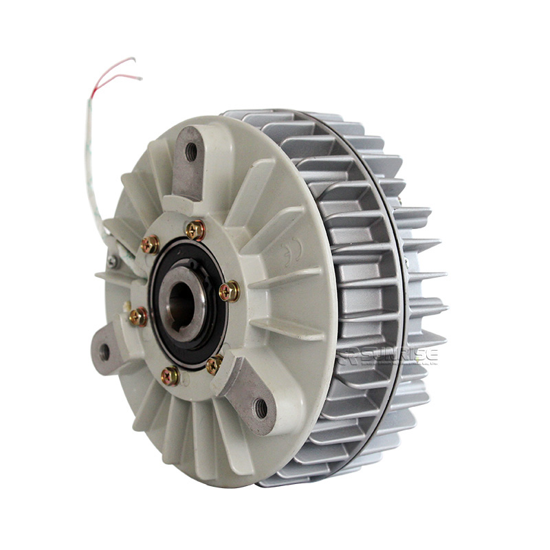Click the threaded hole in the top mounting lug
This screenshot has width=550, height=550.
(x=191, y=152)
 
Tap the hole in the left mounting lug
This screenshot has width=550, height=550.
(x=104, y=352)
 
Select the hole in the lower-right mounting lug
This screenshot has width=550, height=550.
(x=261, y=408)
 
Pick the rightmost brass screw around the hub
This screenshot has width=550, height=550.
(x=230, y=291)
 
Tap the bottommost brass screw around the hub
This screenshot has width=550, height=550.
(x=169, y=375)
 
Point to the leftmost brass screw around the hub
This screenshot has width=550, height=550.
(x=137, y=316)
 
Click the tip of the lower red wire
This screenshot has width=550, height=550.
(x=141, y=78)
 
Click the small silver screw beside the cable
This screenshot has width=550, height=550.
(x=113, y=261)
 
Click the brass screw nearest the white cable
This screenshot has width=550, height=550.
(x=150, y=243)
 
